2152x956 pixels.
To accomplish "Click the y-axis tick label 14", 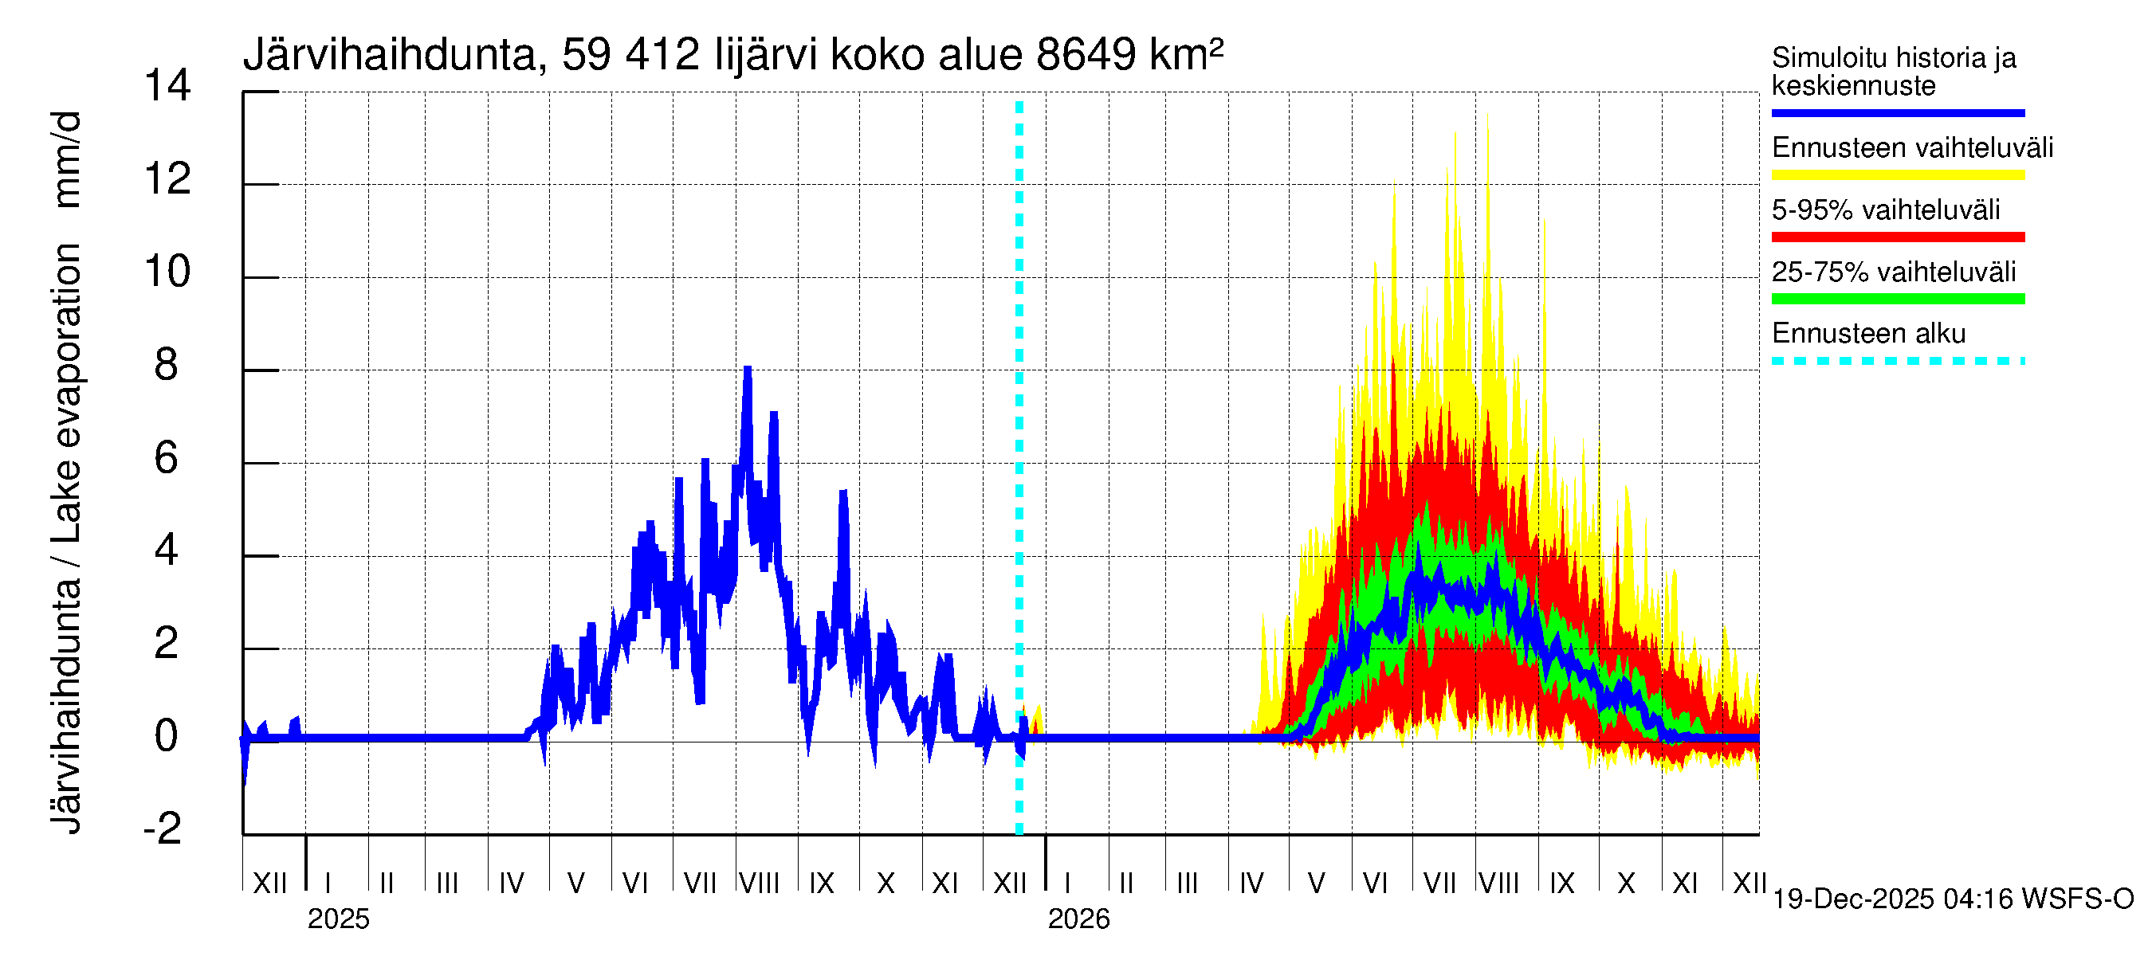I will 167,86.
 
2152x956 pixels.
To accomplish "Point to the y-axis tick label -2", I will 163,829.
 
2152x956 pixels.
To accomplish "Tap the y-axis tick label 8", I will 167,365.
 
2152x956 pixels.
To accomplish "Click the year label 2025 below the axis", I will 338,919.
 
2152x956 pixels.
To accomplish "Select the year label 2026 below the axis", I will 1078,919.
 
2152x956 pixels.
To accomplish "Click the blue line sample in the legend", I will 1897,112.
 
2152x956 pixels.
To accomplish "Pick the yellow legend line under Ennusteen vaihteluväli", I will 1897,175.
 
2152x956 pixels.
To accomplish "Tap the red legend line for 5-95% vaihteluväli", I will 1897,237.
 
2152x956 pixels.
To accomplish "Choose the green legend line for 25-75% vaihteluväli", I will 1897,299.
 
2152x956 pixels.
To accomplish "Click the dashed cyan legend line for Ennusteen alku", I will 1897,362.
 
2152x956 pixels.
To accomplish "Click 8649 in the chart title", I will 1086,55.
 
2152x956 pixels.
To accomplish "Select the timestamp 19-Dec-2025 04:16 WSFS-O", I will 1952,899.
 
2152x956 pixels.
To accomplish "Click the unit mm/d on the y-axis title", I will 67,159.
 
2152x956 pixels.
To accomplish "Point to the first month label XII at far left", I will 269,883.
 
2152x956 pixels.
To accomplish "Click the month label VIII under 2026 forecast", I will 1498,883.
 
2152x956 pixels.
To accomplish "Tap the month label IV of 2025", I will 511,883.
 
